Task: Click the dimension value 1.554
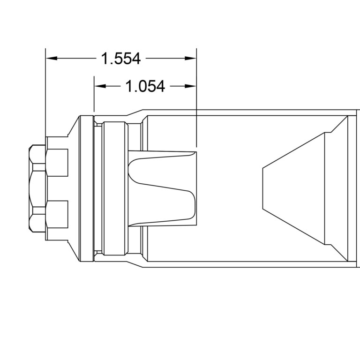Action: coord(121,59)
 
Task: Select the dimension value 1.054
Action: coord(146,86)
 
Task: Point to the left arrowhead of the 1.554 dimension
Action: coord(51,59)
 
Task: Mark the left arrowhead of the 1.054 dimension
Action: coord(99,86)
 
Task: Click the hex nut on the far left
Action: coord(37,188)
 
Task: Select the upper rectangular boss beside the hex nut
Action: coord(57,163)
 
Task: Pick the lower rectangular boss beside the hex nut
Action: coord(57,215)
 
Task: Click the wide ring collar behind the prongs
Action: coord(115,188)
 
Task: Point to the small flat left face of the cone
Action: coord(263,188)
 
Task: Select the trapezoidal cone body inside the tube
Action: coord(295,188)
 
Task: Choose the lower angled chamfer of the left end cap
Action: coord(73,251)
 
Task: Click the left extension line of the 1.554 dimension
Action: coord(45,94)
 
